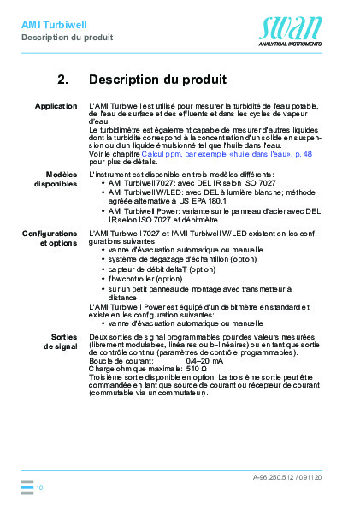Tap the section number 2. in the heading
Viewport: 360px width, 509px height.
pyautogui.click(x=62, y=80)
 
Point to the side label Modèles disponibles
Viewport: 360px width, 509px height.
pyautogui.click(x=56, y=179)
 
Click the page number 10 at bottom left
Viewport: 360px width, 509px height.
pyautogui.click(x=40, y=487)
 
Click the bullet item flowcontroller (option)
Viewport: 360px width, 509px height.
pyautogui.click(x=145, y=279)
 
